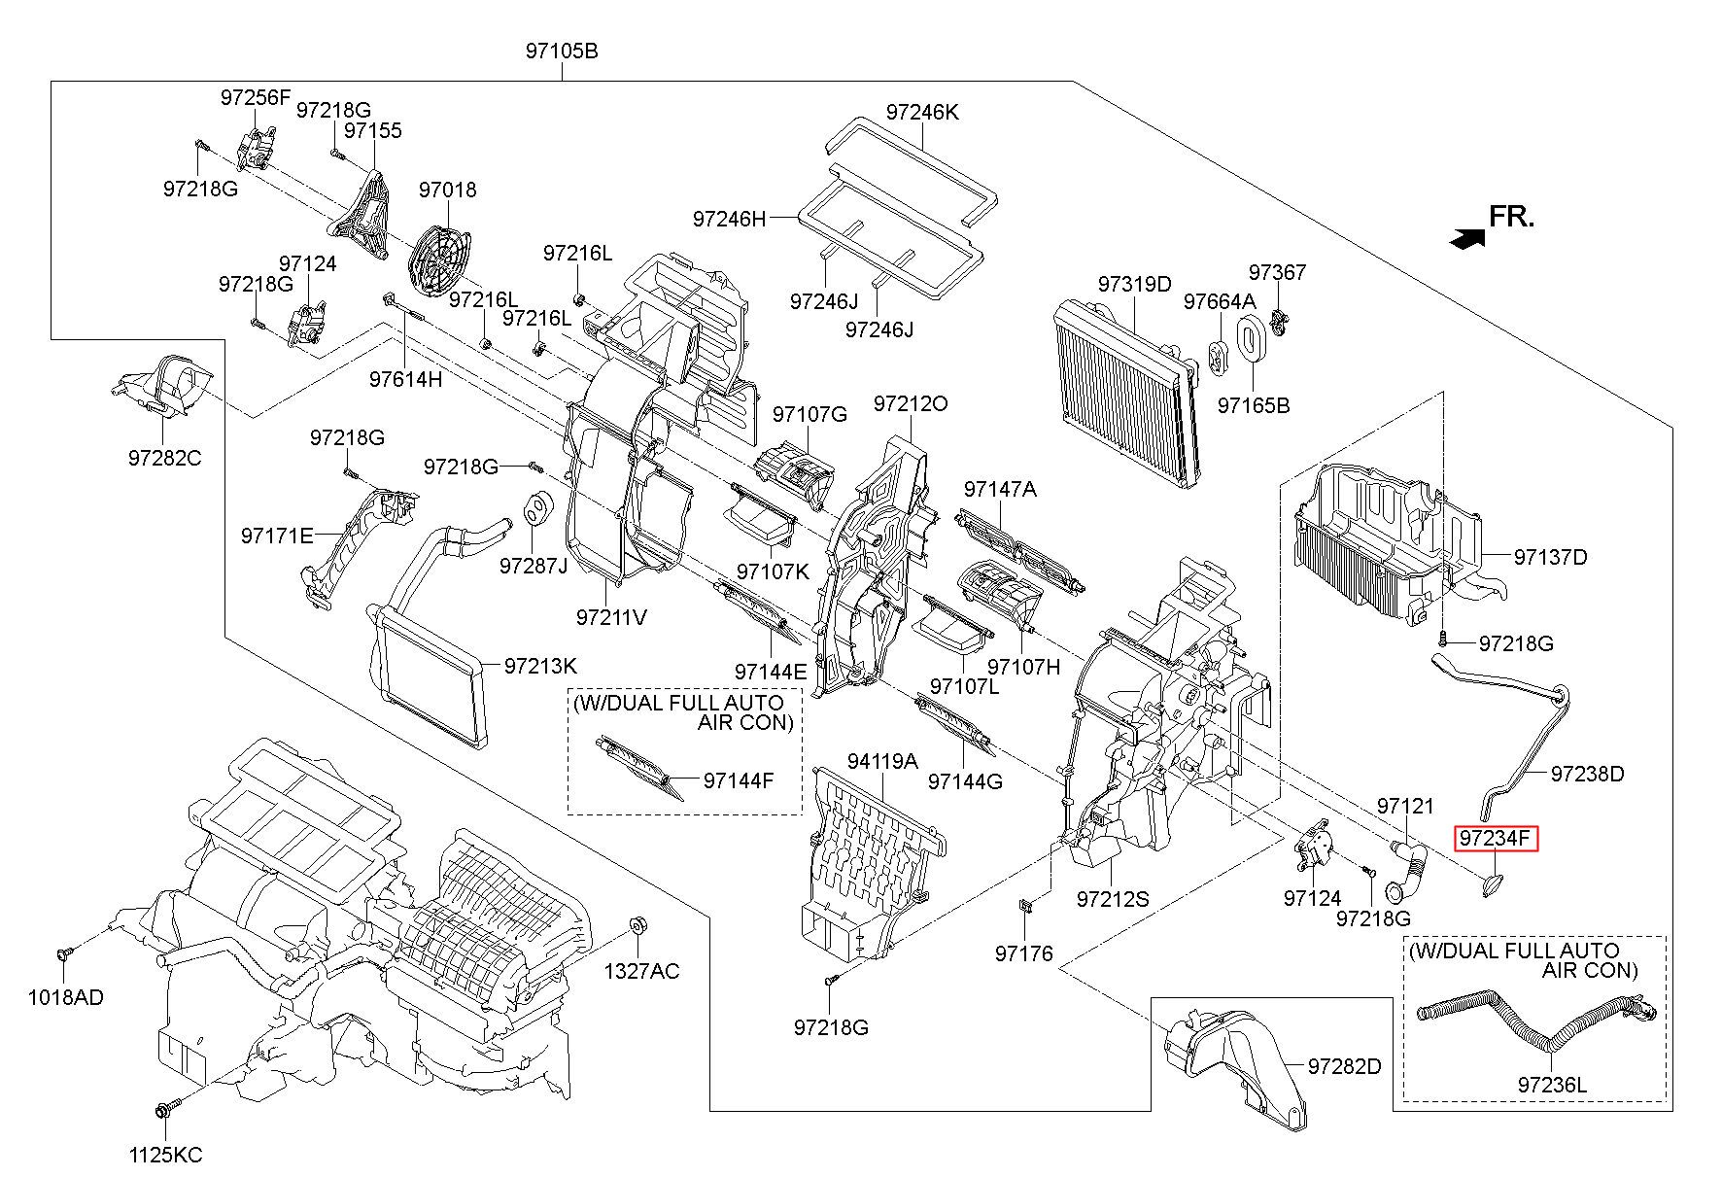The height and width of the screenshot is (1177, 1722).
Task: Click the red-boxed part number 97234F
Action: click(x=1496, y=838)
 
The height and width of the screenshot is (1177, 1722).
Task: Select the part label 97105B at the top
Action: click(x=562, y=51)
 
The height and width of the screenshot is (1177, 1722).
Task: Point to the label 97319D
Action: click(x=1134, y=284)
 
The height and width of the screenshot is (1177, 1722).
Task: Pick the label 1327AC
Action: click(x=641, y=971)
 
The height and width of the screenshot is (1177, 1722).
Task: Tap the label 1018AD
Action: click(x=65, y=997)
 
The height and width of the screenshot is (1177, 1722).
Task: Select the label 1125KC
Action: click(x=165, y=1155)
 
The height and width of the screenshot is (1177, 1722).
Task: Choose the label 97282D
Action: click(x=1344, y=1066)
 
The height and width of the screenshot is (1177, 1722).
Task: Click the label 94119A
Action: click(x=882, y=762)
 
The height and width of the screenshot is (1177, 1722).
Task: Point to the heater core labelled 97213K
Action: click(x=430, y=671)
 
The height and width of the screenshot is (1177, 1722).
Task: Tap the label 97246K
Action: click(x=921, y=113)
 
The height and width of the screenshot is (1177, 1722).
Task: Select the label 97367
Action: click(x=1278, y=272)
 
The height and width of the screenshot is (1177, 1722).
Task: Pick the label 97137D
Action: click(x=1550, y=557)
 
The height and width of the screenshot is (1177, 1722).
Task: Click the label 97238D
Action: click(x=1588, y=774)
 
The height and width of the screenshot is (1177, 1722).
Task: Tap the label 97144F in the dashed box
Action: click(x=739, y=779)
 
